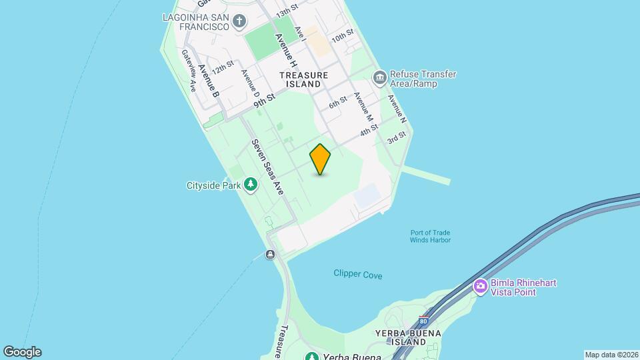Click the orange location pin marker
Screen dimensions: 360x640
321,159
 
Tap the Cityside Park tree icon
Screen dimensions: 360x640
251,184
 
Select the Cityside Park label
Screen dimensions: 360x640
213,185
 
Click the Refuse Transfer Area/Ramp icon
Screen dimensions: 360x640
379,78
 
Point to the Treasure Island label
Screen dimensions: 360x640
304,79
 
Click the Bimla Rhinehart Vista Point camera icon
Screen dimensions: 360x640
480,287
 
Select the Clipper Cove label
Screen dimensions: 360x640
358,274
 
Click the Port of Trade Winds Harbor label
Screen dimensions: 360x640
430,236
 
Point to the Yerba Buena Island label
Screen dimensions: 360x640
400,337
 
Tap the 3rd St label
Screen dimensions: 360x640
397,138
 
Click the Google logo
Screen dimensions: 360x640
22,352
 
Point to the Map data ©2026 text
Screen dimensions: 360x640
611,355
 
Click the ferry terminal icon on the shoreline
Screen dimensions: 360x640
270,254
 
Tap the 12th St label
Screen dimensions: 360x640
223,67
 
